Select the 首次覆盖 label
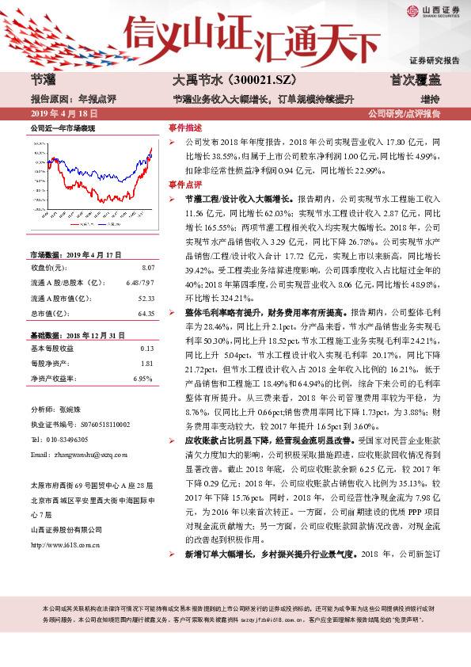click(x=411, y=80)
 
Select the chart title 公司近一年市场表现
click(x=63, y=128)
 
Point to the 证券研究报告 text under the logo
click(x=435, y=60)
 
